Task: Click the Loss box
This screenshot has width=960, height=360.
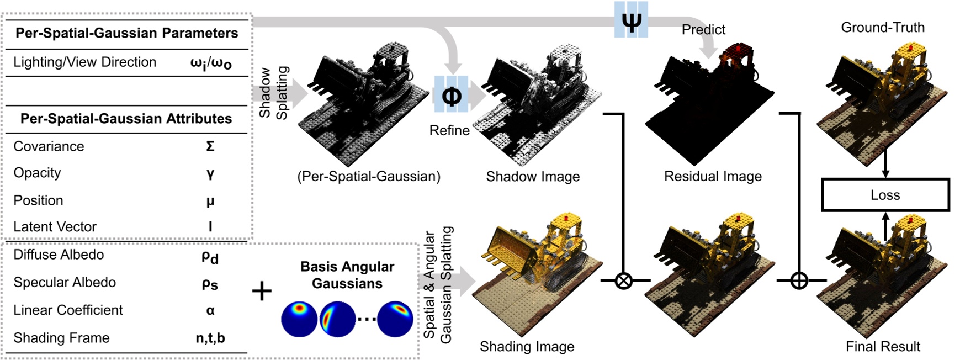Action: (885, 195)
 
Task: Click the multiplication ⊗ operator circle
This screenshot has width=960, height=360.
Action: (623, 281)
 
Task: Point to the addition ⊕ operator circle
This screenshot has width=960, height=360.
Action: (799, 281)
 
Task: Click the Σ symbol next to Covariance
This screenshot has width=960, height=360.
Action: (210, 146)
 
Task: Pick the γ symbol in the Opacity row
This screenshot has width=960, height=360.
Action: (210, 173)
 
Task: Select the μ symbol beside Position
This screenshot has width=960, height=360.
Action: (210, 201)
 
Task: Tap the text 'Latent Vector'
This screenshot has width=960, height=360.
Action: (55, 226)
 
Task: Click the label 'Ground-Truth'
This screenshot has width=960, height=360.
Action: (882, 28)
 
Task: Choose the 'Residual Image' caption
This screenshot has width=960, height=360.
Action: (713, 177)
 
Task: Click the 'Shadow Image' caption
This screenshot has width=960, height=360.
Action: (533, 177)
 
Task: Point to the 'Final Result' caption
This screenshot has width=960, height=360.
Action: (883, 346)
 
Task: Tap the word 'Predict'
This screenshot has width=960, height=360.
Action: (703, 30)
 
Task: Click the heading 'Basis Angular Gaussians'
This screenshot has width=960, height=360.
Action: (347, 275)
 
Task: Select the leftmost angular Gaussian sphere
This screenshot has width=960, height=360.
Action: (299, 319)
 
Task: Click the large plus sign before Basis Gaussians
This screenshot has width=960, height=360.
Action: (262, 290)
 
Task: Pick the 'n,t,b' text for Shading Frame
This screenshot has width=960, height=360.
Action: (210, 338)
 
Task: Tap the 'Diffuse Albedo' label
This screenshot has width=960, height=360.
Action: (59, 255)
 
